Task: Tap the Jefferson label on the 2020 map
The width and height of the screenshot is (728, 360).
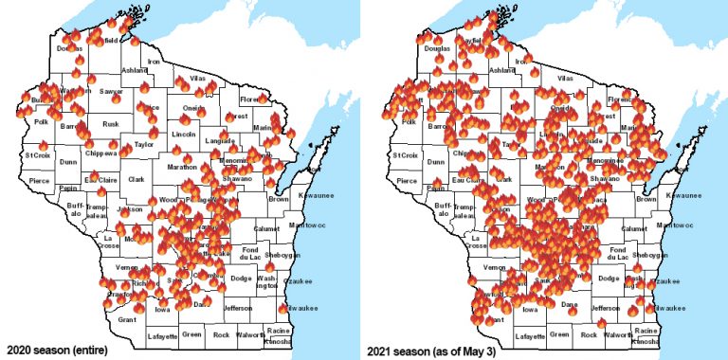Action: click(x=238, y=308)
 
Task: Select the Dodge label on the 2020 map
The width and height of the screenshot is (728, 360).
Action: click(x=241, y=278)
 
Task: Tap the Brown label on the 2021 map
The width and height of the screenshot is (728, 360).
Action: click(x=646, y=199)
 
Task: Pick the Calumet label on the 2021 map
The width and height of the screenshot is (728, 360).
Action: click(x=633, y=228)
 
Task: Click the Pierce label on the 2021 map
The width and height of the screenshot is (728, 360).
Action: click(x=407, y=180)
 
